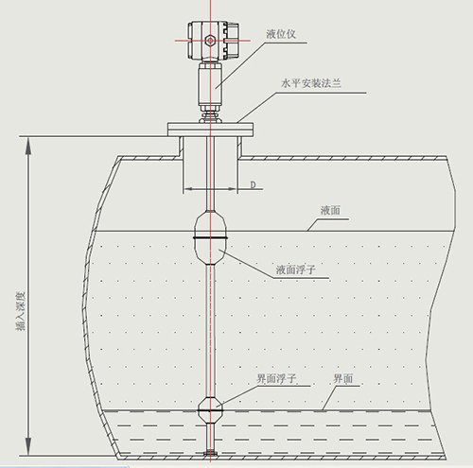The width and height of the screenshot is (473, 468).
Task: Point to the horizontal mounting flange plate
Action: pyautogui.click(x=209, y=128)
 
